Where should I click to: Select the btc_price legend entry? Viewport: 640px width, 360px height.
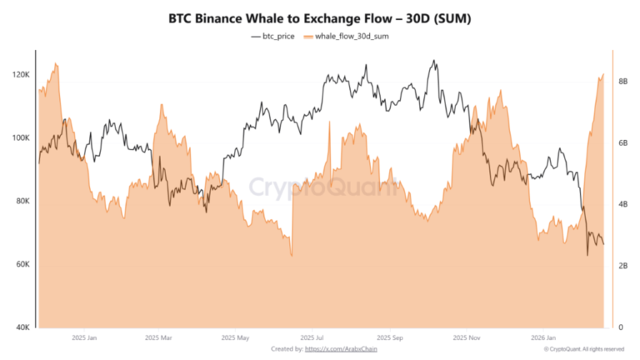pos(275,37)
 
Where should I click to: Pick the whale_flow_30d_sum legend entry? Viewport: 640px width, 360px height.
pos(351,37)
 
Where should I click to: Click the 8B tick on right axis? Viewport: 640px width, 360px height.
pos(623,82)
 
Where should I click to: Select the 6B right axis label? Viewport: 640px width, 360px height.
pos(623,143)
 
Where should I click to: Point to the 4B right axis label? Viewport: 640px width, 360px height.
pos(623,205)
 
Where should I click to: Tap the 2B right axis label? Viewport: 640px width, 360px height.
pos(623,267)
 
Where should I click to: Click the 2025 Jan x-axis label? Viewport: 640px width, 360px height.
pos(84,338)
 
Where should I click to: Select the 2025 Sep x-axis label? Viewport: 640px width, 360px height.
pos(390,338)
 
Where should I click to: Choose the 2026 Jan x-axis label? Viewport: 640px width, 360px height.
pos(543,338)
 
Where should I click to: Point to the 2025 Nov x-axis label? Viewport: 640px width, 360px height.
pos(467,338)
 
